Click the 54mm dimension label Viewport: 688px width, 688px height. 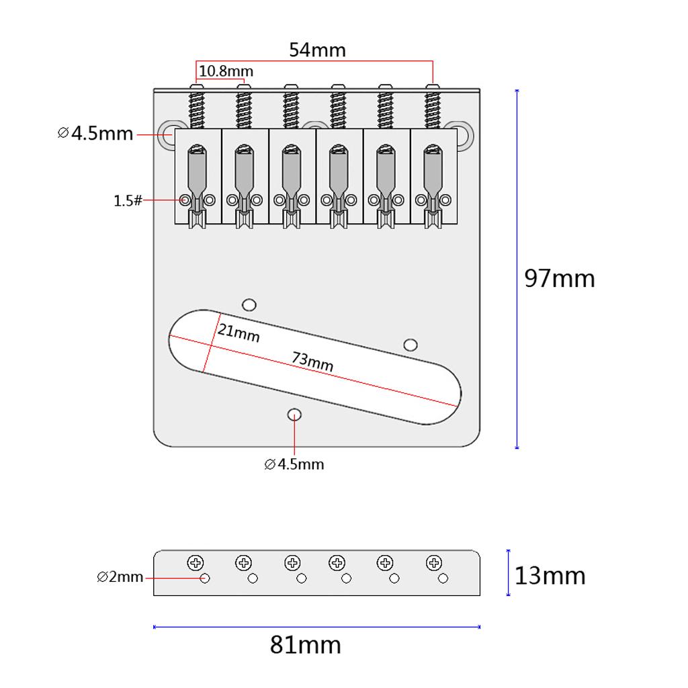click(317, 50)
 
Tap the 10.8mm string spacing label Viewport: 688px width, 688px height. click(226, 71)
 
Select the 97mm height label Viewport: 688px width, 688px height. click(560, 278)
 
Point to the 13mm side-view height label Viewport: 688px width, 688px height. click(550, 576)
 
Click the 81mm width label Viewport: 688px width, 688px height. click(306, 645)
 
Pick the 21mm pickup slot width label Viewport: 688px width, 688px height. click(238, 332)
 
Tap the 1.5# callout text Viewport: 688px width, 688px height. click(128, 200)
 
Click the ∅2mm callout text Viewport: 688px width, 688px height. click(120, 576)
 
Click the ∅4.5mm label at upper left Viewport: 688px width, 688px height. click(95, 133)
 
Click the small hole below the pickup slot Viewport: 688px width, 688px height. click(294, 415)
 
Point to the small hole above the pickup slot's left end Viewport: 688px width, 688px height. click(249, 304)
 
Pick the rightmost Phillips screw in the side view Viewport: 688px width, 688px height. click(434, 563)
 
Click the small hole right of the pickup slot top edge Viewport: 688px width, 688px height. click(411, 345)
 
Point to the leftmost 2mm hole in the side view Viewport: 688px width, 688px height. click(205, 578)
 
